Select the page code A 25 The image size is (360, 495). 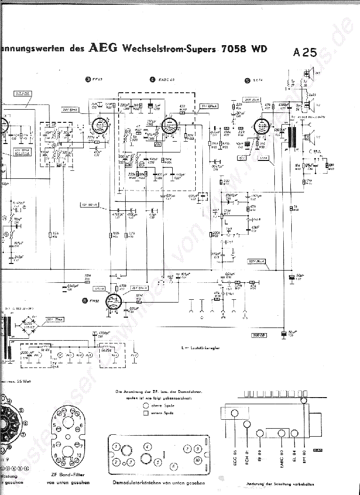point(304,53)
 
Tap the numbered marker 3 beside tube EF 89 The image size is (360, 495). point(88,80)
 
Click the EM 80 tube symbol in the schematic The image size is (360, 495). point(113,302)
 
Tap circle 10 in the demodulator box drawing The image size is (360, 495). point(198,459)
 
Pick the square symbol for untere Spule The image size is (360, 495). point(146,413)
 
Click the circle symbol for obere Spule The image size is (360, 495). point(146,405)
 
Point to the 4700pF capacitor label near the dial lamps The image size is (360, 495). point(105,333)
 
